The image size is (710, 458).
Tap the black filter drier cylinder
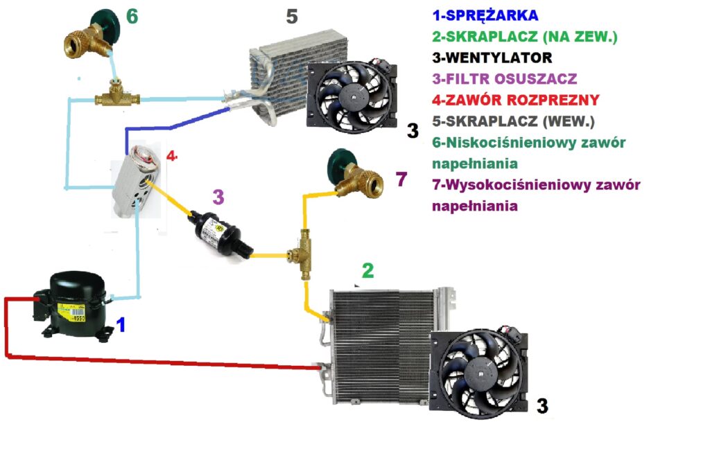click(218, 231)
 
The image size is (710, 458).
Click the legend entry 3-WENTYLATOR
click(492, 57)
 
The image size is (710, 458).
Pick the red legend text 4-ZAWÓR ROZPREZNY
click(515, 99)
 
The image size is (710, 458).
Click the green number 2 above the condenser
click(367, 270)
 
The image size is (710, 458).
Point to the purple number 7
click(401, 179)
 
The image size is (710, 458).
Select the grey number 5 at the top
click(292, 15)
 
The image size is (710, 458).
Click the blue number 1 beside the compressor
click(121, 324)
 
